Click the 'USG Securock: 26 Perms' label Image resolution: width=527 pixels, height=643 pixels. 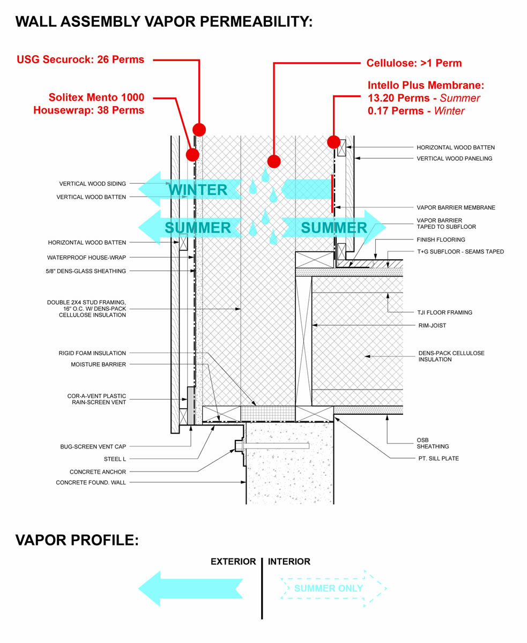point(80,59)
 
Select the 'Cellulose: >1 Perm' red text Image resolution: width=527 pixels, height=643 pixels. point(414,63)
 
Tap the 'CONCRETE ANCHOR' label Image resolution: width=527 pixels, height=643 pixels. point(98,472)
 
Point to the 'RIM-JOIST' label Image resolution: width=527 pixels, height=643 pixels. point(432,325)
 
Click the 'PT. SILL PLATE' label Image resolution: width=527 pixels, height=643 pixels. point(438,458)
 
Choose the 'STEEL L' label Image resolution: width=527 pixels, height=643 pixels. point(115,459)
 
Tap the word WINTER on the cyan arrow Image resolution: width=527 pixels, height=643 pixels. point(198,190)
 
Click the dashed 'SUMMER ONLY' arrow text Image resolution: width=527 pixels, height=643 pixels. point(328,588)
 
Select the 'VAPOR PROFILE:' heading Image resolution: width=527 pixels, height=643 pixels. point(77,540)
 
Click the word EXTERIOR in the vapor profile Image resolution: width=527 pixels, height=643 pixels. point(233,562)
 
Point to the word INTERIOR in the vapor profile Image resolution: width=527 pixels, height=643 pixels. point(289,562)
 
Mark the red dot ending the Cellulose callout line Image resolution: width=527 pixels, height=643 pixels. point(274,161)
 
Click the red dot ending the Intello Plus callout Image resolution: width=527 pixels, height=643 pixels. point(333,142)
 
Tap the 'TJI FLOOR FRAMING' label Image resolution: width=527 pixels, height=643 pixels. point(444,312)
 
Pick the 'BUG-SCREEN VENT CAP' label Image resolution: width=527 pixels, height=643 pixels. point(93,446)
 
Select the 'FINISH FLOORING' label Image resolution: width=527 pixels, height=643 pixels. point(441,240)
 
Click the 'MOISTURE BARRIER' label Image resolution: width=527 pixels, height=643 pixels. point(98,364)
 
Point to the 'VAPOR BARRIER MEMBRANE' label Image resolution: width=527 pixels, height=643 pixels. point(456,207)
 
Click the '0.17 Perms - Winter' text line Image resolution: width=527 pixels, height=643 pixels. point(416,111)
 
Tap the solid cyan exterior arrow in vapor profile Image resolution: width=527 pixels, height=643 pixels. point(190,588)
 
